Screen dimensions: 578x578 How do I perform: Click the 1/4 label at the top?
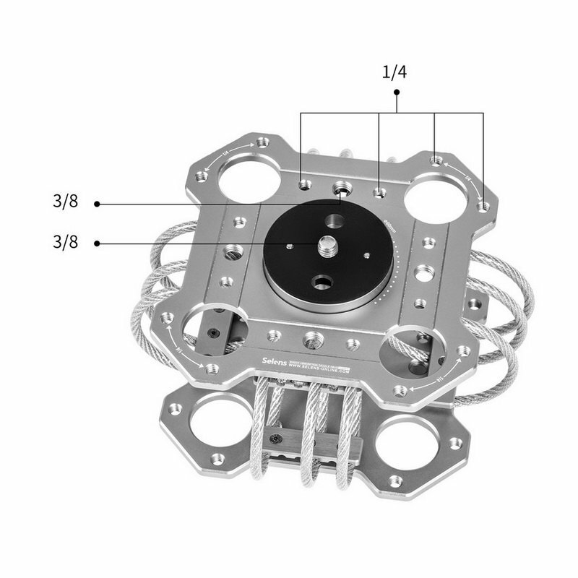[394, 72]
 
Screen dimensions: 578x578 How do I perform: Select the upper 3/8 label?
[65, 203]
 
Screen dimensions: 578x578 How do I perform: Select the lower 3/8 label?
[65, 243]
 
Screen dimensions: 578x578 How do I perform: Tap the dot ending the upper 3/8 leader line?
[97, 204]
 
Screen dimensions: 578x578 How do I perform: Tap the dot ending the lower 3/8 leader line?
[97, 243]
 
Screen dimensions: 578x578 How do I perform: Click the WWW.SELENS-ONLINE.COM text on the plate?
[319, 369]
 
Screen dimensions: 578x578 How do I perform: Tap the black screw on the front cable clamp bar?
[275, 439]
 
